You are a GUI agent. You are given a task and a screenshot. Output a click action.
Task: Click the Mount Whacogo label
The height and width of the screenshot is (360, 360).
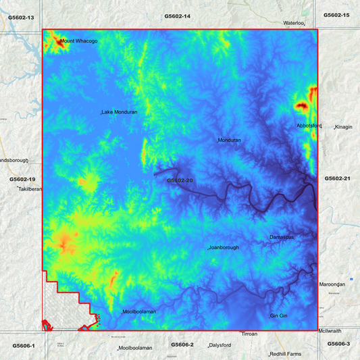pos(79,41)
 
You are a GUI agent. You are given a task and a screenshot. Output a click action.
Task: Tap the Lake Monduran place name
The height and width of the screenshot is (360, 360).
pos(120,112)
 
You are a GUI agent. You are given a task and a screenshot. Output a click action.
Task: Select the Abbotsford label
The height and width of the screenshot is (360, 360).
pos(309,126)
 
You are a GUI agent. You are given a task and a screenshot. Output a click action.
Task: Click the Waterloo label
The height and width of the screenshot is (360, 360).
pos(294,23)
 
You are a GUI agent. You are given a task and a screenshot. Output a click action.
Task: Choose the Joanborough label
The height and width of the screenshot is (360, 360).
pos(224,248)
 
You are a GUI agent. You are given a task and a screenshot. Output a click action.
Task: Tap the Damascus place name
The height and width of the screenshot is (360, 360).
pos(281,237)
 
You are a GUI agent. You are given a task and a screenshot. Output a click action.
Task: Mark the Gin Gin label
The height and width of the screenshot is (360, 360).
pos(279,316)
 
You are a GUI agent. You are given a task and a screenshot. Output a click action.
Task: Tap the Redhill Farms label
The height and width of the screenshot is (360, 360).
pos(286,354)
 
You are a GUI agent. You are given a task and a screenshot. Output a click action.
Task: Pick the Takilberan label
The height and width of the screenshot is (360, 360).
pos(30,190)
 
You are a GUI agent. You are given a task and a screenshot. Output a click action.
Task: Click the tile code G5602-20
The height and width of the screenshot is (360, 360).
pos(180,181)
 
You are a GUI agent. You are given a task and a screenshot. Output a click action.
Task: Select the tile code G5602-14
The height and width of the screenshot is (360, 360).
pos(178,16)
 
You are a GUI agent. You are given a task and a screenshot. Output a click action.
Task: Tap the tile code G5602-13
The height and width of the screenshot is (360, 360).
pos(20,16)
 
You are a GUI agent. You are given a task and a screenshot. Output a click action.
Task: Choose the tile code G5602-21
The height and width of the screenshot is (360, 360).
pos(337,178)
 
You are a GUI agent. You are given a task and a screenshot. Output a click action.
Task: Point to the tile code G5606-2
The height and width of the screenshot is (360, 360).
pos(182,344)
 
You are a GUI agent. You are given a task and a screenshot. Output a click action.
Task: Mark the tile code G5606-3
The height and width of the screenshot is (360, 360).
pos(339,344)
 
